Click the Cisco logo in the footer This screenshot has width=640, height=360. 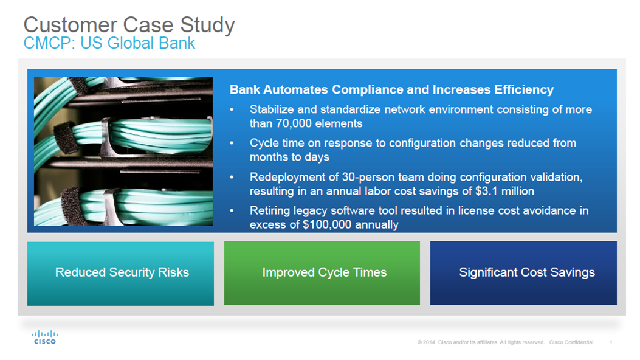coord(45,337)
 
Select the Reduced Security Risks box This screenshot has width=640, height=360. coord(120,274)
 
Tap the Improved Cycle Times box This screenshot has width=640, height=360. coord(322,273)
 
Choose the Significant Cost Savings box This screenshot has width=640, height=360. coord(523,273)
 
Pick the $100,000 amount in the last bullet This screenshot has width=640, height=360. coord(327,225)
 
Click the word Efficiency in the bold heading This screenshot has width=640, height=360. coord(524,90)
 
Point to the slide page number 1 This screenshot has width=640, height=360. coord(611,342)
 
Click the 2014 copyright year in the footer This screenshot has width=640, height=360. coord(428,342)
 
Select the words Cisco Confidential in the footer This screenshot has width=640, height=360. coord(571,342)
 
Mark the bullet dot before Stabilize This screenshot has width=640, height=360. coord(232,109)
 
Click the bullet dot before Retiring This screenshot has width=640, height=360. coord(232,210)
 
